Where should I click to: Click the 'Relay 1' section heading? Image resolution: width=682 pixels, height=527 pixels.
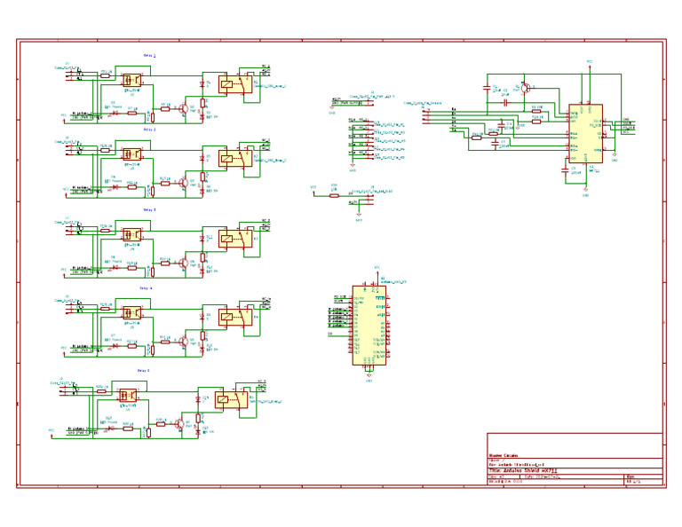[x=149, y=55]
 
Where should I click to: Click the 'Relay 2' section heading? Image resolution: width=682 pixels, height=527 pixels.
[x=149, y=130]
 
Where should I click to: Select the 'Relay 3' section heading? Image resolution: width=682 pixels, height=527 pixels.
[x=148, y=209]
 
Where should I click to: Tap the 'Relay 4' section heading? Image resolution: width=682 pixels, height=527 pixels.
[x=146, y=288]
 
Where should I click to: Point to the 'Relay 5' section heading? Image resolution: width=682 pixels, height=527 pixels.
[x=143, y=370]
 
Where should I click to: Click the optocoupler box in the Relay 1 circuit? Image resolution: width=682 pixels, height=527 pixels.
[x=131, y=79]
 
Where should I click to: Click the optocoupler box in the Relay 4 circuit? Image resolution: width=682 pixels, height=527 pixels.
[x=131, y=313]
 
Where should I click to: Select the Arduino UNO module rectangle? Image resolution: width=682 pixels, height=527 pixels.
[x=369, y=325]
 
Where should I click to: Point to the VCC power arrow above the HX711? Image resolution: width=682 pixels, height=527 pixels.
[x=589, y=64]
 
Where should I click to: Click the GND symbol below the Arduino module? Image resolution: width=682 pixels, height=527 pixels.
[x=368, y=377]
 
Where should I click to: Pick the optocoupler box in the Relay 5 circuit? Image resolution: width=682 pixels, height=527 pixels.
[x=128, y=394]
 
